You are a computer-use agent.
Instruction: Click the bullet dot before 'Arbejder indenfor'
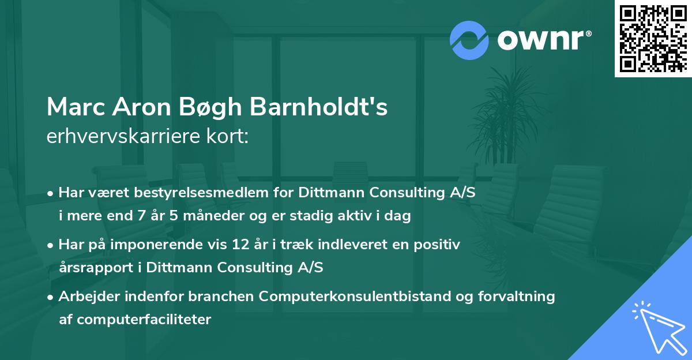pos(51,297)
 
